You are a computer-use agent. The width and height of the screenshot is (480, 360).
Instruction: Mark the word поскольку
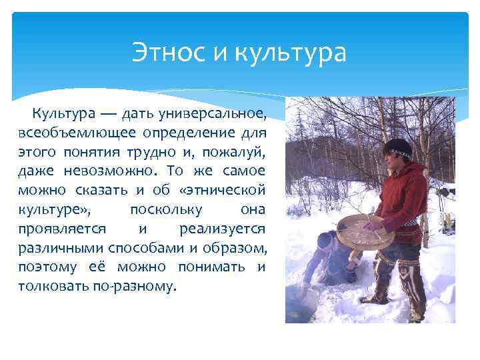(x=162, y=209)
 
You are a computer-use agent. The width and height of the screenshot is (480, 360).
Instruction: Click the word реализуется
(x=223, y=229)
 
